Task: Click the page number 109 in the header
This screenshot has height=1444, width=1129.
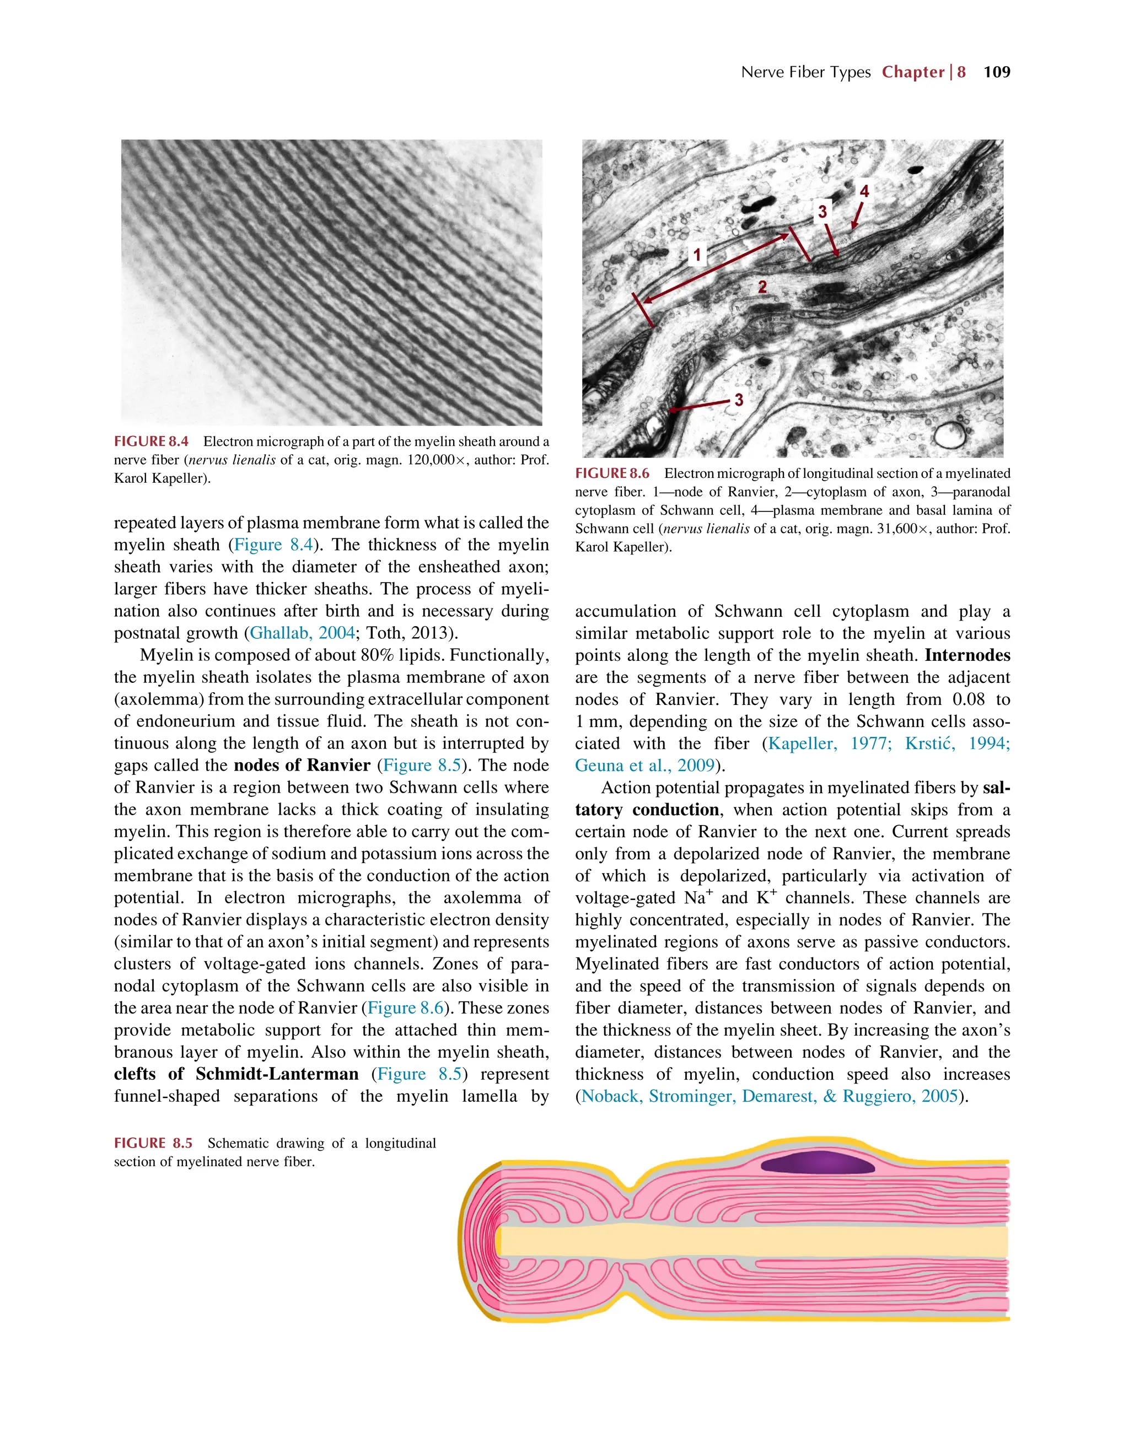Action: click(996, 72)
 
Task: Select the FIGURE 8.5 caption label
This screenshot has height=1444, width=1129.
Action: click(153, 1143)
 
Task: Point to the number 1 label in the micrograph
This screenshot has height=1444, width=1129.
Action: click(696, 255)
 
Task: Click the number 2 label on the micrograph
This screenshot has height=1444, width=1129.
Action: click(762, 287)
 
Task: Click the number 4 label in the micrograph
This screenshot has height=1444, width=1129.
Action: click(864, 192)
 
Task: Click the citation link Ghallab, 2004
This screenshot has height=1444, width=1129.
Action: click(302, 633)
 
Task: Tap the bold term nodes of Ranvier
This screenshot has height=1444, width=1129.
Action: click(302, 765)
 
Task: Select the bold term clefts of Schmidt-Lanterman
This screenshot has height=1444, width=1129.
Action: click(236, 1074)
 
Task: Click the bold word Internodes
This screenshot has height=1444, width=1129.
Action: click(967, 655)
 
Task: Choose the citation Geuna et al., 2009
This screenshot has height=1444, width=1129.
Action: click(645, 765)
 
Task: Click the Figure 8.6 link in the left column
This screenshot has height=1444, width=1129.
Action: click(405, 1007)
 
